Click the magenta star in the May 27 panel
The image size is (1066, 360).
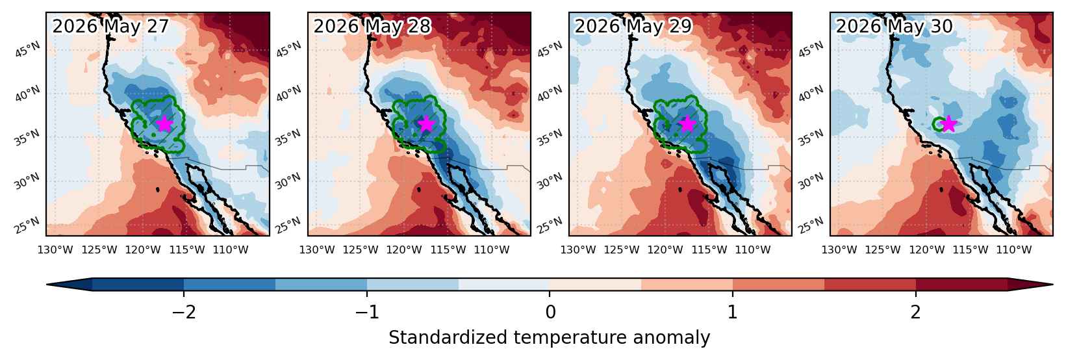point(164,124)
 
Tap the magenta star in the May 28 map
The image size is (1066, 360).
point(426,124)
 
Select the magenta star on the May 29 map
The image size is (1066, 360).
point(687,124)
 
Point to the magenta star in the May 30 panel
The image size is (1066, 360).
point(948,124)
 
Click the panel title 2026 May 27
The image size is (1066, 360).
point(110,26)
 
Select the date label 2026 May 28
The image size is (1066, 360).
point(372,26)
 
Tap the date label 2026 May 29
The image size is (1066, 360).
point(633,26)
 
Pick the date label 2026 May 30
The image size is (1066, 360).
point(895,26)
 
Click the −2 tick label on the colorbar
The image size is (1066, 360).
point(184,313)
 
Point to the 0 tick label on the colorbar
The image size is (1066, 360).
point(550,313)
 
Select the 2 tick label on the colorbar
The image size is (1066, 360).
point(916,313)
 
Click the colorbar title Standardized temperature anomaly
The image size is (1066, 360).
point(549,338)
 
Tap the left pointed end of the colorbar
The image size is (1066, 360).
point(47,284)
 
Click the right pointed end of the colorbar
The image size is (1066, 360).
point(1052,284)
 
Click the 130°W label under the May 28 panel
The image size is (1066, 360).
point(317,250)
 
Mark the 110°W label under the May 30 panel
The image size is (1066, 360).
point(1013,250)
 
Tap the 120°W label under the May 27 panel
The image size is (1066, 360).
point(143,250)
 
